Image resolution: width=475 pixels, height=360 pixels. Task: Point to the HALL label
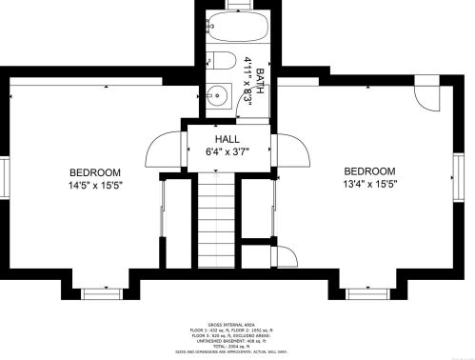(x=226, y=139)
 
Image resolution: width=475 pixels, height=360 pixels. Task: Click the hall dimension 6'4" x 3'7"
(x=226, y=150)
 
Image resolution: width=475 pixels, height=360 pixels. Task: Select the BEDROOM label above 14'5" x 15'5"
(x=95, y=172)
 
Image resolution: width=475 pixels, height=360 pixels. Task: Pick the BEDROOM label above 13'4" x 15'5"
(x=369, y=171)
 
